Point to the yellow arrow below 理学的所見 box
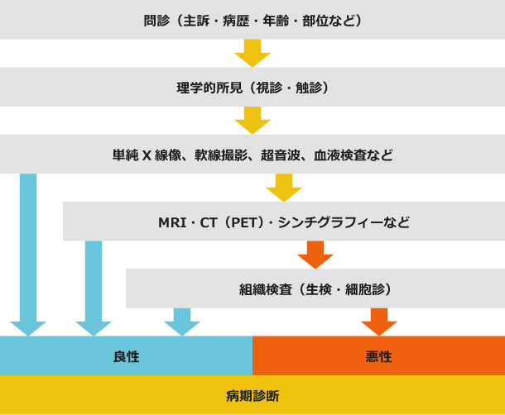click(x=252, y=121)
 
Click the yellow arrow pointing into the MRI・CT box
click(x=284, y=188)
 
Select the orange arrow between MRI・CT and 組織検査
click(x=315, y=255)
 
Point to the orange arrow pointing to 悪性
click(x=379, y=322)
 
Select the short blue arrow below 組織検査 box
click(x=182, y=322)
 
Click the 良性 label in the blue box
click(x=126, y=356)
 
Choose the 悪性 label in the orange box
click(x=378, y=356)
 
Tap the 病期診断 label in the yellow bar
click(x=252, y=396)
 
